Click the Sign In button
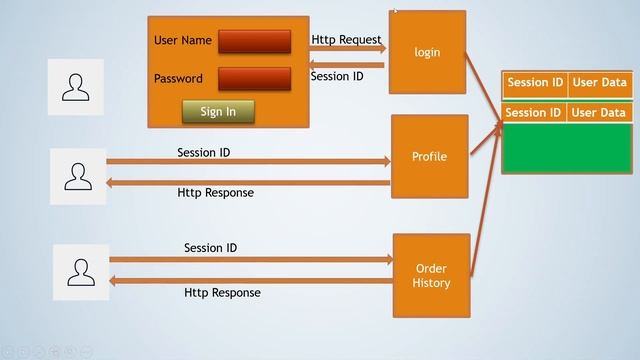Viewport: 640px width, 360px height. click(x=218, y=111)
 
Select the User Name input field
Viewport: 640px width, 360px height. click(x=254, y=41)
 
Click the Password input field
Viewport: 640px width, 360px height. click(x=254, y=79)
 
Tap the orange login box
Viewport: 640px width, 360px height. click(x=427, y=52)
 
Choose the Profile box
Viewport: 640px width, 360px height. click(x=429, y=157)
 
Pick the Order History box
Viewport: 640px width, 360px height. click(x=431, y=276)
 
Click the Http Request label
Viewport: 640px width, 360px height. click(x=346, y=40)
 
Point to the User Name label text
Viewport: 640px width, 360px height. click(x=183, y=41)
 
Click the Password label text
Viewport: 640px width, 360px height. click(x=178, y=79)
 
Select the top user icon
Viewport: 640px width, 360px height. click(x=76, y=87)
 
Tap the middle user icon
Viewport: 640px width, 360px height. click(x=78, y=177)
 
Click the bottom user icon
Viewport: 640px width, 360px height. click(x=81, y=270)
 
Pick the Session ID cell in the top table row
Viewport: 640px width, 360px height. click(x=535, y=83)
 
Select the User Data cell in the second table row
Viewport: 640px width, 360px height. click(x=599, y=113)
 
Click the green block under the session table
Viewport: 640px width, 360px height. click(x=567, y=148)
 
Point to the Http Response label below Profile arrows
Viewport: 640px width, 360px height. click(x=215, y=192)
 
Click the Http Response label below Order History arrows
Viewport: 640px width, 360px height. click(x=222, y=293)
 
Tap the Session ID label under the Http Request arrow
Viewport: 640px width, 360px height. click(x=337, y=76)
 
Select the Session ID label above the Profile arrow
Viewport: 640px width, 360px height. click(x=210, y=153)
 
